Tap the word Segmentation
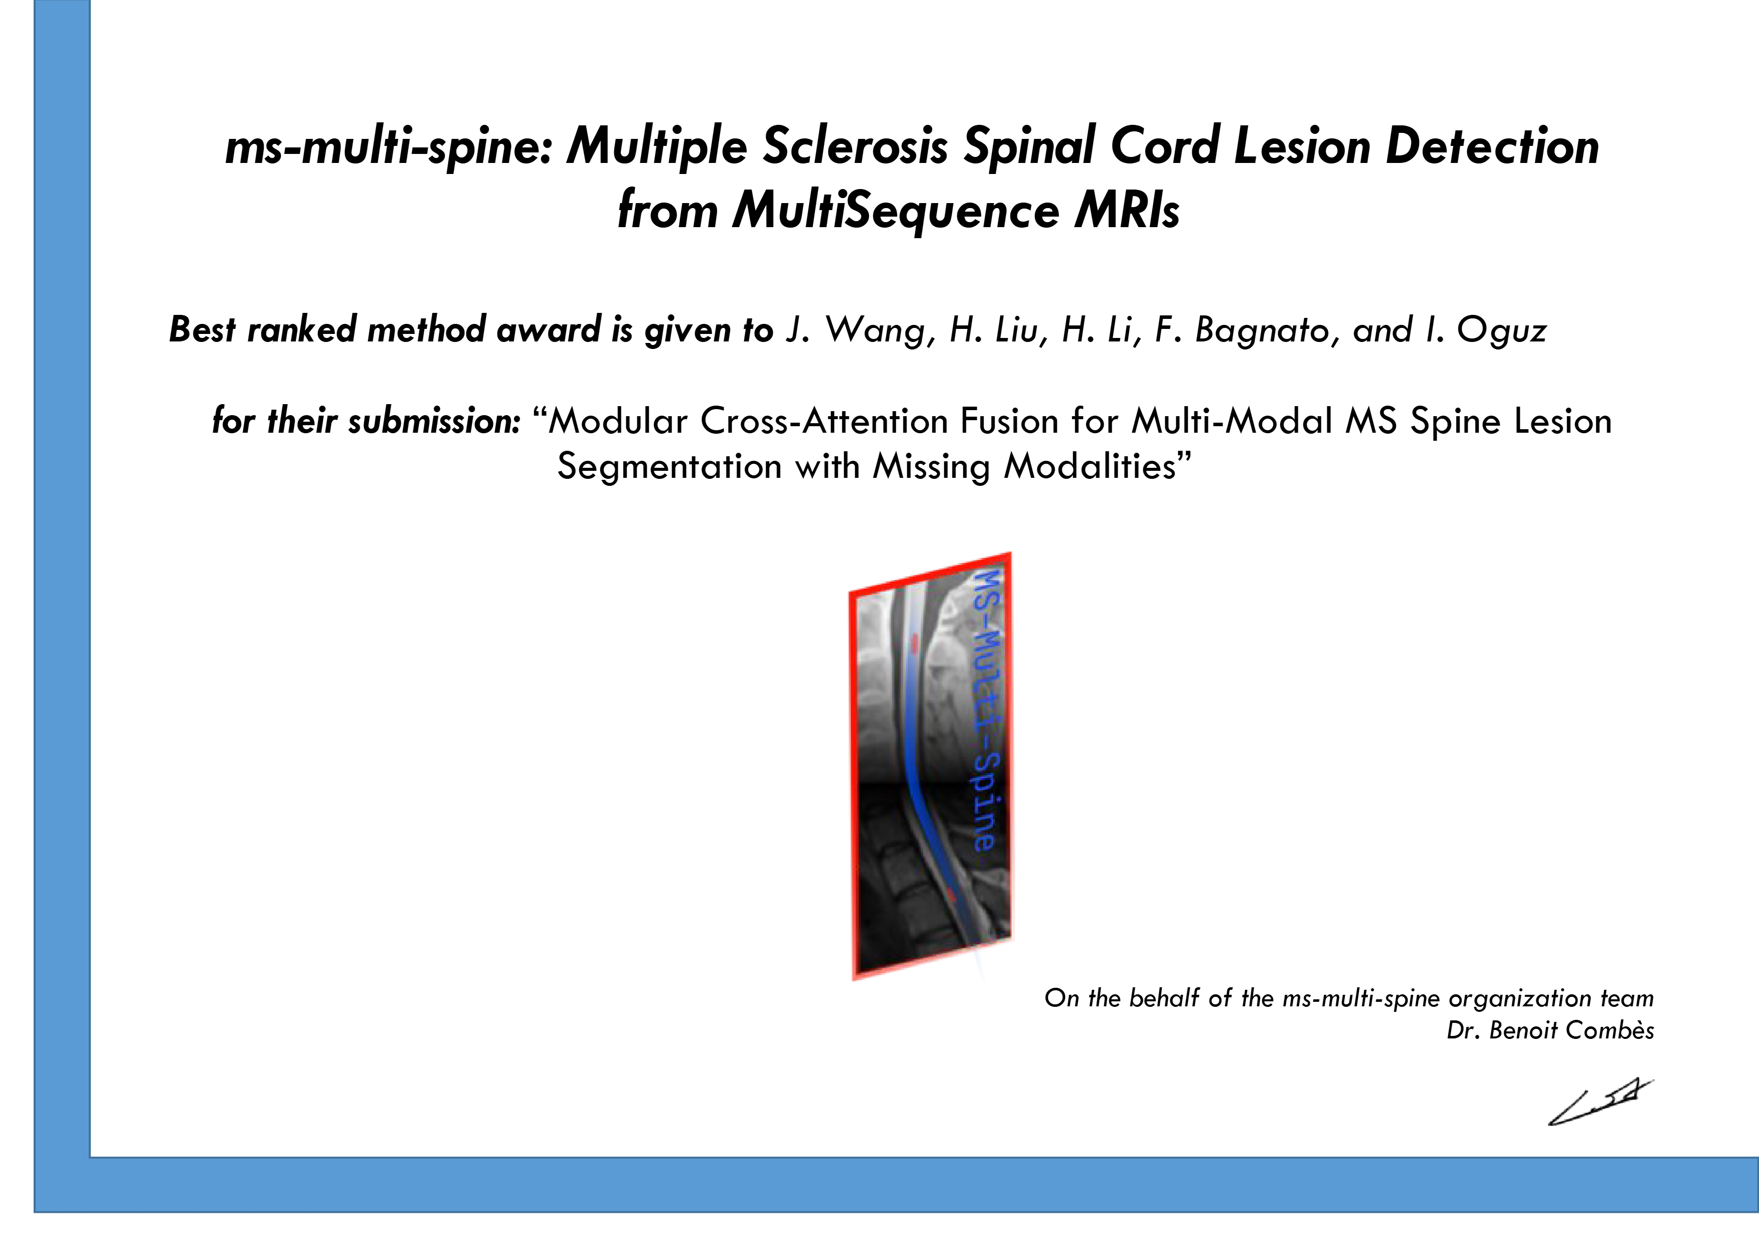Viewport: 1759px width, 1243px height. pyautogui.click(x=669, y=466)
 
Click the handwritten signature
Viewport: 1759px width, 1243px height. pyautogui.click(x=1599, y=1103)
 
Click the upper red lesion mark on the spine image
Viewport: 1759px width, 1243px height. pyautogui.click(x=914, y=643)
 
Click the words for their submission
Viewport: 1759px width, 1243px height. pyautogui.click(x=366, y=421)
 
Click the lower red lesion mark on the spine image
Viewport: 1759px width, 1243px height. pyautogui.click(x=950, y=893)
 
